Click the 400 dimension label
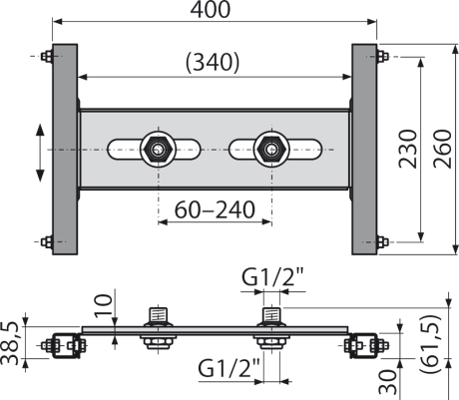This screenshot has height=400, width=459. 211,9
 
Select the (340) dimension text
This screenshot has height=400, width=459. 213,62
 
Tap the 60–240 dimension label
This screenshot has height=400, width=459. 215,209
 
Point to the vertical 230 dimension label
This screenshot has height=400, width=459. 408,149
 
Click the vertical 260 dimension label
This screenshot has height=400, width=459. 442,149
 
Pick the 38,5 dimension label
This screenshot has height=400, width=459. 9,343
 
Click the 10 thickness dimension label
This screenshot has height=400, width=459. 104,305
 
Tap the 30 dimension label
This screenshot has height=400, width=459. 387,382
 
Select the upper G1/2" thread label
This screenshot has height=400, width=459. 272,277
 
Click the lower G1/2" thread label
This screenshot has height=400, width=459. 229,368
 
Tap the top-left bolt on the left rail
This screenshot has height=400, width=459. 47,56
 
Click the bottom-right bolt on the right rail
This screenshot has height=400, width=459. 383,241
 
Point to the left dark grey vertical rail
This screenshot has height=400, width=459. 65,150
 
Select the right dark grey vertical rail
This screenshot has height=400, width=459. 364,150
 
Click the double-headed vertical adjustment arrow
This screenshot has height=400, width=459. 40,153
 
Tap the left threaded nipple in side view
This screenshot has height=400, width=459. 159,315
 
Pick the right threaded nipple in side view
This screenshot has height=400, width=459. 272,315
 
